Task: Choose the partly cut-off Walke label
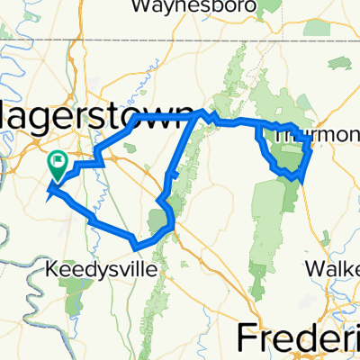point(334,268)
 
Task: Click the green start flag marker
point(58,163)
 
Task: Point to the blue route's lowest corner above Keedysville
point(135,245)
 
